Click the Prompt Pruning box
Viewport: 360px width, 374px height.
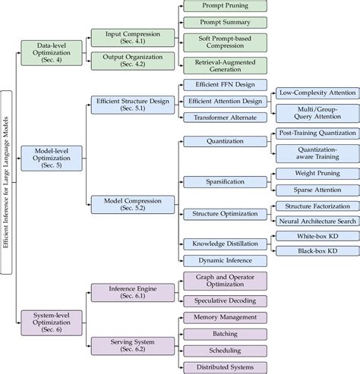pos(224,6)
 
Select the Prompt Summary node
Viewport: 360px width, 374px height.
pos(224,22)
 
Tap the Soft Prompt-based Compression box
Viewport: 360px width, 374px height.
pos(224,42)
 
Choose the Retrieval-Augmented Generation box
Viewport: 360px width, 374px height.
pos(224,66)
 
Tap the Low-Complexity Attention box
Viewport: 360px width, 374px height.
pos(316,93)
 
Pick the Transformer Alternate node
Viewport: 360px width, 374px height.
pos(224,118)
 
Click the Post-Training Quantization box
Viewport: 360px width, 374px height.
pos(316,133)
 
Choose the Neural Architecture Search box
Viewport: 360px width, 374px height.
pos(316,222)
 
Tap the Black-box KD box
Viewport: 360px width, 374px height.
pos(316,250)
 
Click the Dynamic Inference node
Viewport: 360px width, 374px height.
pos(224,260)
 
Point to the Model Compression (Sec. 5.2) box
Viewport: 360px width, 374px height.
pos(131,203)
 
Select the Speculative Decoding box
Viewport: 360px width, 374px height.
pos(224,301)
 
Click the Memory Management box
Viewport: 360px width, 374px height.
pos(224,316)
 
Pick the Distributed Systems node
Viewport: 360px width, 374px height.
pos(224,368)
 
